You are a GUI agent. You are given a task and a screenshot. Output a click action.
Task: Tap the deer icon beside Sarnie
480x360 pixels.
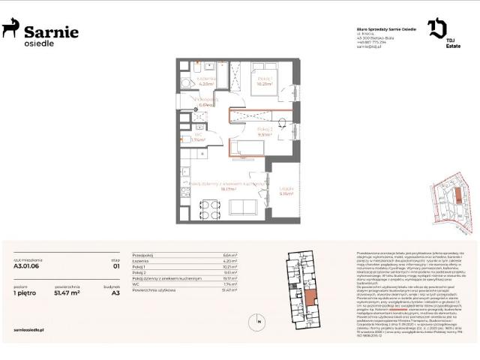click(x=11, y=29)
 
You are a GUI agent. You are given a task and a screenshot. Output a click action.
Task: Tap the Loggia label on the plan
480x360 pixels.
click(x=286, y=189)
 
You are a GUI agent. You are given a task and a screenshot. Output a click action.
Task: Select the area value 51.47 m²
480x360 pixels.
click(x=67, y=293)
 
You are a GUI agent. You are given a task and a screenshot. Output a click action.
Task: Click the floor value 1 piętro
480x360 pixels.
click(x=25, y=293)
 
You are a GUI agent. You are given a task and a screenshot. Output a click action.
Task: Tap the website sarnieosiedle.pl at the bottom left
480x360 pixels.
click(x=30, y=328)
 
